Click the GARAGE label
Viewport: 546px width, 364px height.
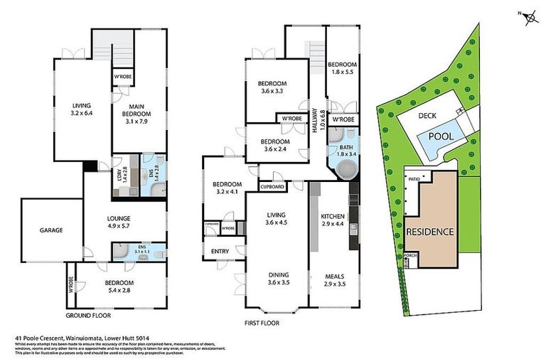51,230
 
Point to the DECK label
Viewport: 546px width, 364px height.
427,116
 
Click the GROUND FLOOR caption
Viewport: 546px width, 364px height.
87,315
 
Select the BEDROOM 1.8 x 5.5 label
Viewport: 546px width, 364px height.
341,69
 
